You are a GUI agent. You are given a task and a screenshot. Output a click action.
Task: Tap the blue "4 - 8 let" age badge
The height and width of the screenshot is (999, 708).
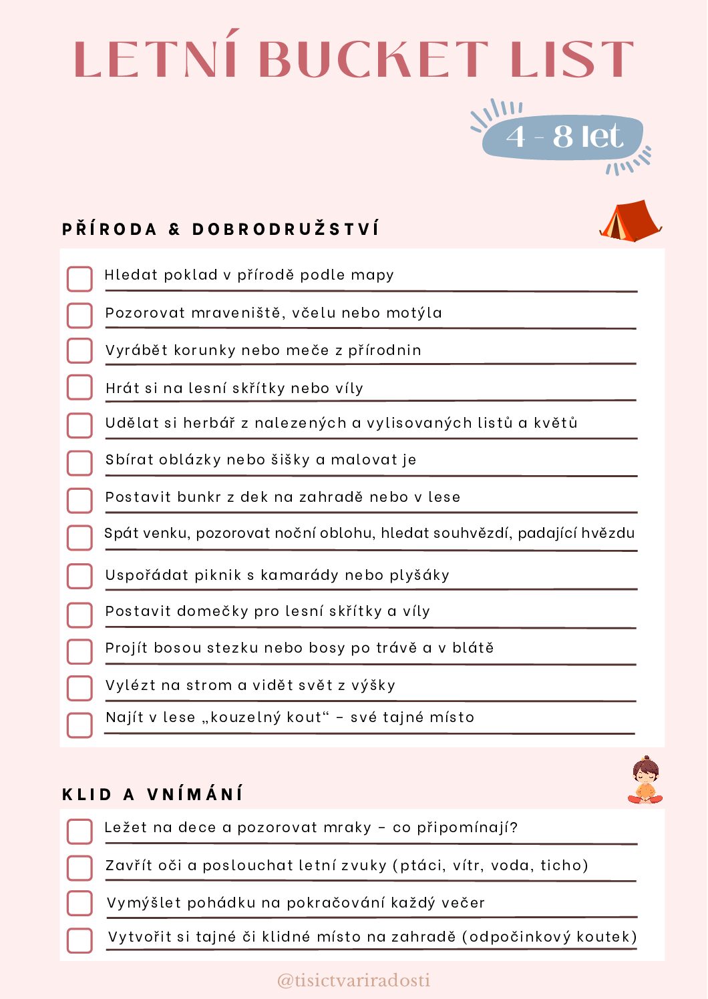(563, 137)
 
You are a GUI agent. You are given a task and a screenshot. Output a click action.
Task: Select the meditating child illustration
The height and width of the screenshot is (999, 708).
(645, 780)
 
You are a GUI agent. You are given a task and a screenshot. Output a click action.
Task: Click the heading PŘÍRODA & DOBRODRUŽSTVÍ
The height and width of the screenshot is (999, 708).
(220, 230)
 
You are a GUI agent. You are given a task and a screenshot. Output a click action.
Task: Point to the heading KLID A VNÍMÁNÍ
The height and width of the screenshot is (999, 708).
(152, 794)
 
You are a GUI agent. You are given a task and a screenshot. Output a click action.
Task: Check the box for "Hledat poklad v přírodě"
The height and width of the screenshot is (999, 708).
(79, 279)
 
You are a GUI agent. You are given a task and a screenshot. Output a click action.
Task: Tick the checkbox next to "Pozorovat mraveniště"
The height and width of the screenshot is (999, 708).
(79, 316)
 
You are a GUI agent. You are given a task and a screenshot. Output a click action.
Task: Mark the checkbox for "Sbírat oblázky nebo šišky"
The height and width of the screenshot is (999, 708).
(79, 462)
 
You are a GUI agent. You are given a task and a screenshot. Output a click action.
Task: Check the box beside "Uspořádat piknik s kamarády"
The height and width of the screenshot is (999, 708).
(79, 576)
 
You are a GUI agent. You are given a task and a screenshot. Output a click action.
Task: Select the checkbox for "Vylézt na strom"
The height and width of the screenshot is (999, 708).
(79, 687)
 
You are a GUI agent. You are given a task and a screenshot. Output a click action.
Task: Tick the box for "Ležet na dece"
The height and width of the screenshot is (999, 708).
(79, 831)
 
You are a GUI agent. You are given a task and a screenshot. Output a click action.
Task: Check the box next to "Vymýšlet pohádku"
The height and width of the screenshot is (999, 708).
(79, 903)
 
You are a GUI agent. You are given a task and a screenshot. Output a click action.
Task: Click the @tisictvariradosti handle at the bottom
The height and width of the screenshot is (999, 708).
(353, 980)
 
